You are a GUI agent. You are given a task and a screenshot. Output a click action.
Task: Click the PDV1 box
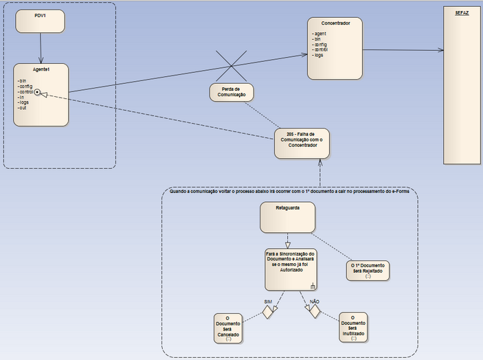[40, 21]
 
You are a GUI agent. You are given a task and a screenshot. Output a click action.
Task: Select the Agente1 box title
[41, 70]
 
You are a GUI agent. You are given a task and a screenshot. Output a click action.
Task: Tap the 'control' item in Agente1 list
[25, 91]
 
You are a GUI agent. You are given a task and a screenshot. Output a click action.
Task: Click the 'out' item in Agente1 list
[22, 108]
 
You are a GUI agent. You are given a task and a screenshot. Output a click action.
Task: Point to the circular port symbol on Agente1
[37, 92]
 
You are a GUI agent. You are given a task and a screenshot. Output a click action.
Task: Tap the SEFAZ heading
[462, 13]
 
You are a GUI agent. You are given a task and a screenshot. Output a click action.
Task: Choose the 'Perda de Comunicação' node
[232, 93]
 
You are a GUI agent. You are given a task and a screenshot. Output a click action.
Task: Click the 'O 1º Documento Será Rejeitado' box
[368, 269]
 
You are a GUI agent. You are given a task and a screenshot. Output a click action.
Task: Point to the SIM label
[269, 302]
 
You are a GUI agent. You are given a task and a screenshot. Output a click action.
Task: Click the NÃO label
[315, 301]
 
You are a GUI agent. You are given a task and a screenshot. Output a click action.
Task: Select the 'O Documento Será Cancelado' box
[227, 327]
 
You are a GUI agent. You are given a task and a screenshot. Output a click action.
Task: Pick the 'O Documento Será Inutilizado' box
[353, 327]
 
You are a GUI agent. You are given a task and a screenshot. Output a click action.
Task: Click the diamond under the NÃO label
[315, 311]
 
